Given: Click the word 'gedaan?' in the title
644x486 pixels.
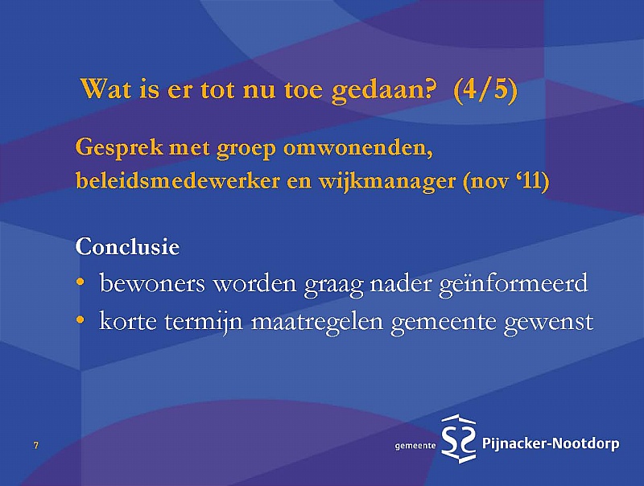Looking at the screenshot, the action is pos(382,90).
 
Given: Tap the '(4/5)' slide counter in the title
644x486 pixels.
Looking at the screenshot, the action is pos(485,89).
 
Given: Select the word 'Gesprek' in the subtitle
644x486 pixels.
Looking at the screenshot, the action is pos(119,148).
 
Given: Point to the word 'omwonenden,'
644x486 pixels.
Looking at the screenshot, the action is pos(358,147).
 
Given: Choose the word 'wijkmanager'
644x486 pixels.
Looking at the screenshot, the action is pos(387,182).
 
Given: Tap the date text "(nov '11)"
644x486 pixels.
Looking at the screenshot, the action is pos(506,181).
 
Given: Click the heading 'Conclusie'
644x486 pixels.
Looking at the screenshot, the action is pos(127,246).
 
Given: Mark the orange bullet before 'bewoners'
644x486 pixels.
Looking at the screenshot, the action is pos(80,282).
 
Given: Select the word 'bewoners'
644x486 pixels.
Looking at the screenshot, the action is pos(152,282).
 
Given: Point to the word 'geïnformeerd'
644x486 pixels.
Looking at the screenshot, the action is pos(514,284).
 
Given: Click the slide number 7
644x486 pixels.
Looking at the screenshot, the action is pos(36,445).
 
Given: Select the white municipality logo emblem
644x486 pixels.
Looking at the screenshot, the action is pos(459,439).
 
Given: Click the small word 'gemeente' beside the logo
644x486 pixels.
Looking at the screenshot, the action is pos(415,446).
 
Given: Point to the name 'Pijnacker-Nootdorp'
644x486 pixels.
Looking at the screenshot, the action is pos(551,443).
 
